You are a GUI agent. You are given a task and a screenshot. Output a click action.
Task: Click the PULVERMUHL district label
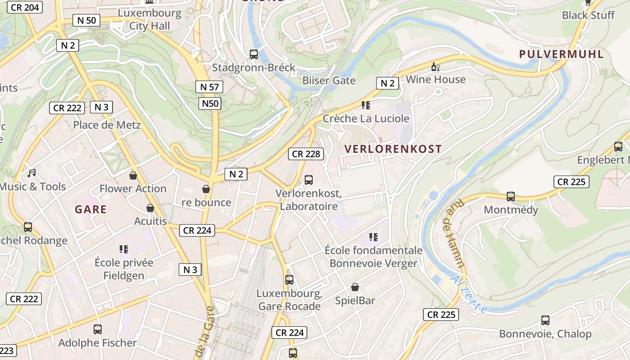pyautogui.click(x=561, y=54)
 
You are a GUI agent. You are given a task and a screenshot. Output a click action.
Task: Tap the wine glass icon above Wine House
pyautogui.click(x=435, y=67)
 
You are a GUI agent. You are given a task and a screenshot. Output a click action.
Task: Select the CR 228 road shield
pyautogui.click(x=306, y=154)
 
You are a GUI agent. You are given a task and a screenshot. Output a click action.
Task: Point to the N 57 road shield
pyautogui.click(x=209, y=87)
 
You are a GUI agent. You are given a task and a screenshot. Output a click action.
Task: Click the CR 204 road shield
pyautogui.click(x=25, y=7)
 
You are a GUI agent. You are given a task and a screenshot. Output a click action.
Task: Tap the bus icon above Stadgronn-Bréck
pyautogui.click(x=254, y=54)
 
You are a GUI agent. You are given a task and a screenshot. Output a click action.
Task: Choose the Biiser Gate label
pyautogui.click(x=329, y=81)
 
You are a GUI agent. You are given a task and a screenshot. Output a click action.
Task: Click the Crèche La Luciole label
pyautogui.click(x=366, y=119)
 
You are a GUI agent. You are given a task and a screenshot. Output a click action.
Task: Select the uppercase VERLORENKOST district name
pyautogui.click(x=393, y=149)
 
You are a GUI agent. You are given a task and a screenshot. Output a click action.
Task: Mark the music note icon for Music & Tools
pyautogui.click(x=31, y=173)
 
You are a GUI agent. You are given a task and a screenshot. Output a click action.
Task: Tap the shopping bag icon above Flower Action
pyautogui.click(x=133, y=175)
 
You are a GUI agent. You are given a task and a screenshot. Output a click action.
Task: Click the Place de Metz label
pyautogui.click(x=107, y=125)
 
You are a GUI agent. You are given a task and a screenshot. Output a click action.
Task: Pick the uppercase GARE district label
pyautogui.click(x=91, y=209)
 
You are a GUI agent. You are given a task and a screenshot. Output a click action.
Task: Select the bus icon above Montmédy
pyautogui.click(x=511, y=197)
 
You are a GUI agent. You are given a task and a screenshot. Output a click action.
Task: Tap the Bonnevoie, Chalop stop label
pyautogui.click(x=545, y=334)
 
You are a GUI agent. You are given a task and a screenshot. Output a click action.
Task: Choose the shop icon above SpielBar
pyautogui.click(x=355, y=287)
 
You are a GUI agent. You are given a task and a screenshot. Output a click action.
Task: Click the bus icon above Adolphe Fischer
pyautogui.click(x=98, y=329)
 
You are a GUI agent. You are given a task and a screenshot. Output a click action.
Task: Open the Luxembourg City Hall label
pyautogui.click(x=149, y=19)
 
